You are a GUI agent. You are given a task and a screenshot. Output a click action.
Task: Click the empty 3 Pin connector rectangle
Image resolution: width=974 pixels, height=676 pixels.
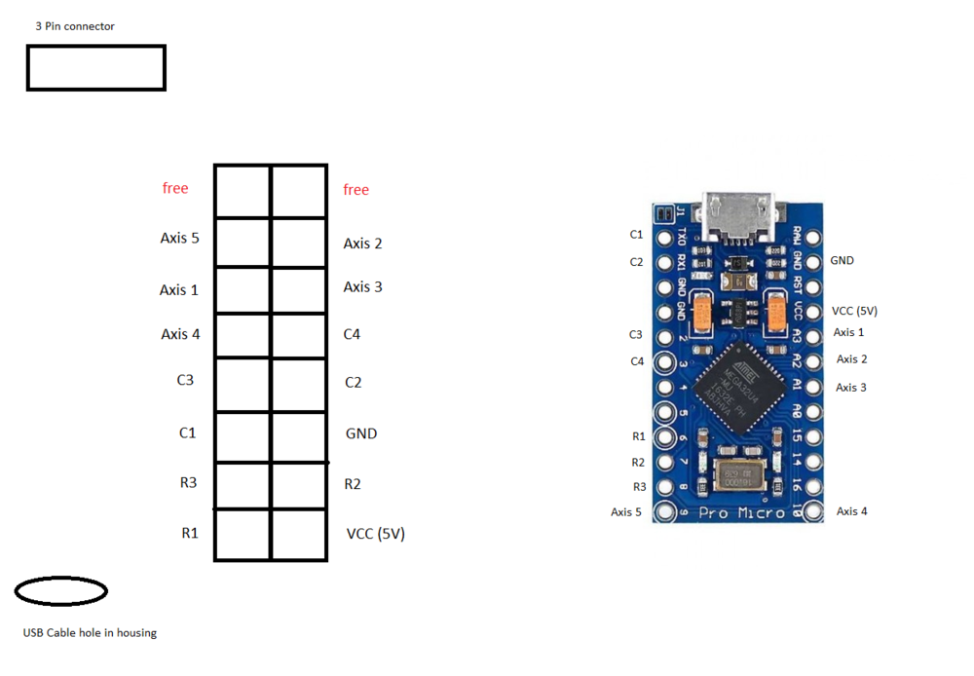pos(95,68)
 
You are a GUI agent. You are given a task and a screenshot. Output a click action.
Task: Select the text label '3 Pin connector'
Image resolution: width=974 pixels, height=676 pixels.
pos(75,26)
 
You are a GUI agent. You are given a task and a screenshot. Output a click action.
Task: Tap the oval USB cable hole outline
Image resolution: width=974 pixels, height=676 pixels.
pos(61,590)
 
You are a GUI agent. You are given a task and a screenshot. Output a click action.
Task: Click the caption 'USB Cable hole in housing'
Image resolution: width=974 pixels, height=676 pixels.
pos(90,633)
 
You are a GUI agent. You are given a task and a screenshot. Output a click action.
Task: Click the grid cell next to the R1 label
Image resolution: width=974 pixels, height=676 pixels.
pos(242,535)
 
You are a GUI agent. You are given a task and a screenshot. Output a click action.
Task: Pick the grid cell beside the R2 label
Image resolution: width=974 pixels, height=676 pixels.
pos(299,485)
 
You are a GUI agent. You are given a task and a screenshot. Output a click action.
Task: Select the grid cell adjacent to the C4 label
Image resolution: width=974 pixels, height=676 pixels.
pos(299,335)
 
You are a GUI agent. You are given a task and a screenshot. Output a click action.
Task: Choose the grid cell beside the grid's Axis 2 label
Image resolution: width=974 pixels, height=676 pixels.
pos(299,244)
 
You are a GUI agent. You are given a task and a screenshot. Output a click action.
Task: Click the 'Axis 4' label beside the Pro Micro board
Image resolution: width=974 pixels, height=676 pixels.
pos(851,511)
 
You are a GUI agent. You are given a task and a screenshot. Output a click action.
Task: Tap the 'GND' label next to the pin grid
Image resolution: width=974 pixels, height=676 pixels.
pos(360,433)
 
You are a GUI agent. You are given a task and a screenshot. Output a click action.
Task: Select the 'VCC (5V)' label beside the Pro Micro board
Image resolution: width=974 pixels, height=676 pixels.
pos(854,311)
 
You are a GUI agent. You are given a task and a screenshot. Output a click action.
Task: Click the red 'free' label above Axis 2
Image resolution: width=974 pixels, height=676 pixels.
pos(356,190)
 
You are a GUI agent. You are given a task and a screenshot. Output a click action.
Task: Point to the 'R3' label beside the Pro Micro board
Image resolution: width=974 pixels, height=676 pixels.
pos(639,487)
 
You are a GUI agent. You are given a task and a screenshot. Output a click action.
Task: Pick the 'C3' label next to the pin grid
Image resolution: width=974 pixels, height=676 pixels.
pos(185,380)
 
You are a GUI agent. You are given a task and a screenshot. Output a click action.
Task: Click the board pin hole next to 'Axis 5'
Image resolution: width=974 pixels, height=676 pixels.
pos(666,511)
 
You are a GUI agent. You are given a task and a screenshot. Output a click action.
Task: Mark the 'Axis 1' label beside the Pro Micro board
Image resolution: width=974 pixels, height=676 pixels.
pos(848,333)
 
